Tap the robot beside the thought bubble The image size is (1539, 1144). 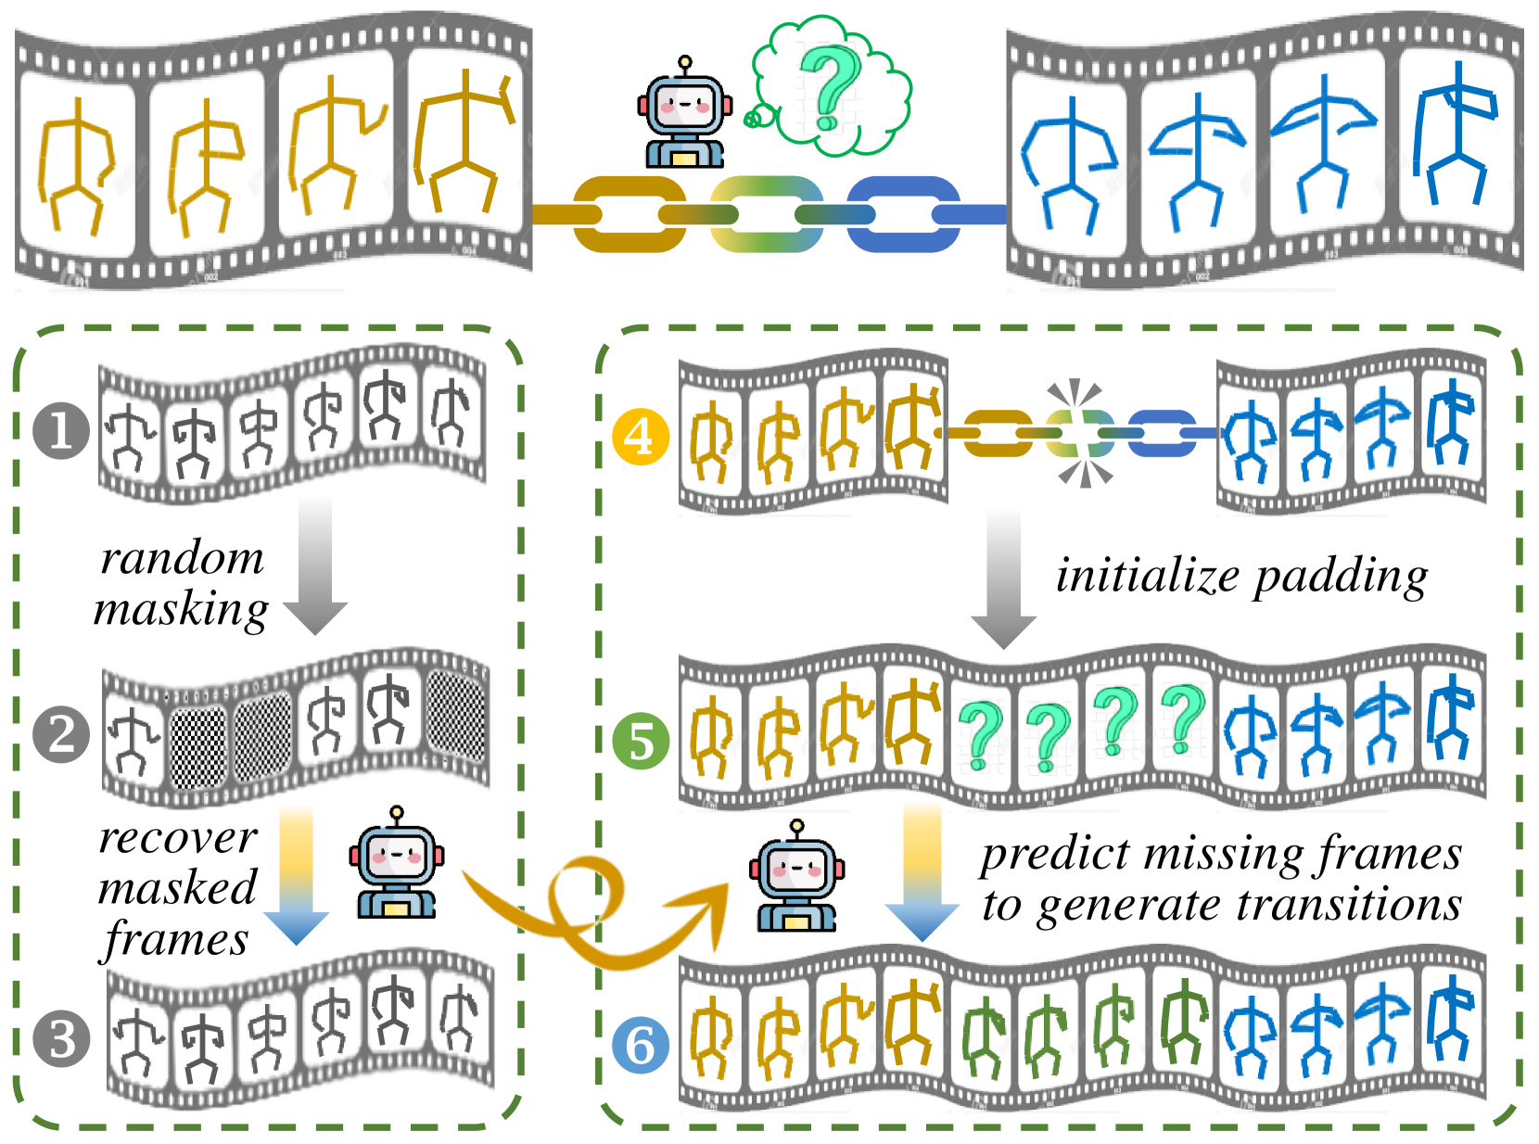pos(684,115)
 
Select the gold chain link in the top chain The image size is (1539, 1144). pos(630,214)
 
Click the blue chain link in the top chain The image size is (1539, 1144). pos(904,214)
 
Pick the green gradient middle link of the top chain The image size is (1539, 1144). pos(767,214)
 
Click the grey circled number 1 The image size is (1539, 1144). pos(61,431)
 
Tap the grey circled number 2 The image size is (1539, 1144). pos(61,735)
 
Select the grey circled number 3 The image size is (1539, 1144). pos(61,1039)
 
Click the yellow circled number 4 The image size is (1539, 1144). pos(641,436)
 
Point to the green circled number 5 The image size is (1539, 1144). pos(641,741)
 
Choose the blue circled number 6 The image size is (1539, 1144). pos(641,1045)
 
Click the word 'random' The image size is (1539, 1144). pos(182,558)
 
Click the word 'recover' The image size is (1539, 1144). pos(177,838)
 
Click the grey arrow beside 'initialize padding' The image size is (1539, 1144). pos(1002,579)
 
